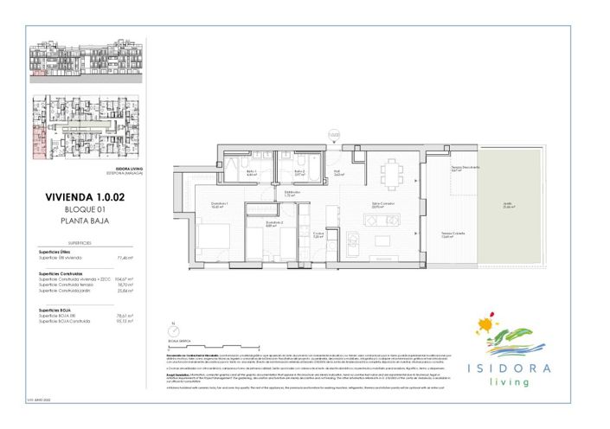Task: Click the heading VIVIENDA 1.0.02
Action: (x=85, y=198)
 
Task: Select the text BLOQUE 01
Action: (x=85, y=210)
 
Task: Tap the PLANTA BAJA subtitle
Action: (x=85, y=221)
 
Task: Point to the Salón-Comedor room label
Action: (x=377, y=206)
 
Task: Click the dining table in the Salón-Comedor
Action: (x=393, y=173)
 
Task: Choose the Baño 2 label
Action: (x=299, y=172)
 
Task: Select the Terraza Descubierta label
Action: (x=459, y=169)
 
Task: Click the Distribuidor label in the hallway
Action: (x=291, y=194)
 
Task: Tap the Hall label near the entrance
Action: (x=338, y=172)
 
